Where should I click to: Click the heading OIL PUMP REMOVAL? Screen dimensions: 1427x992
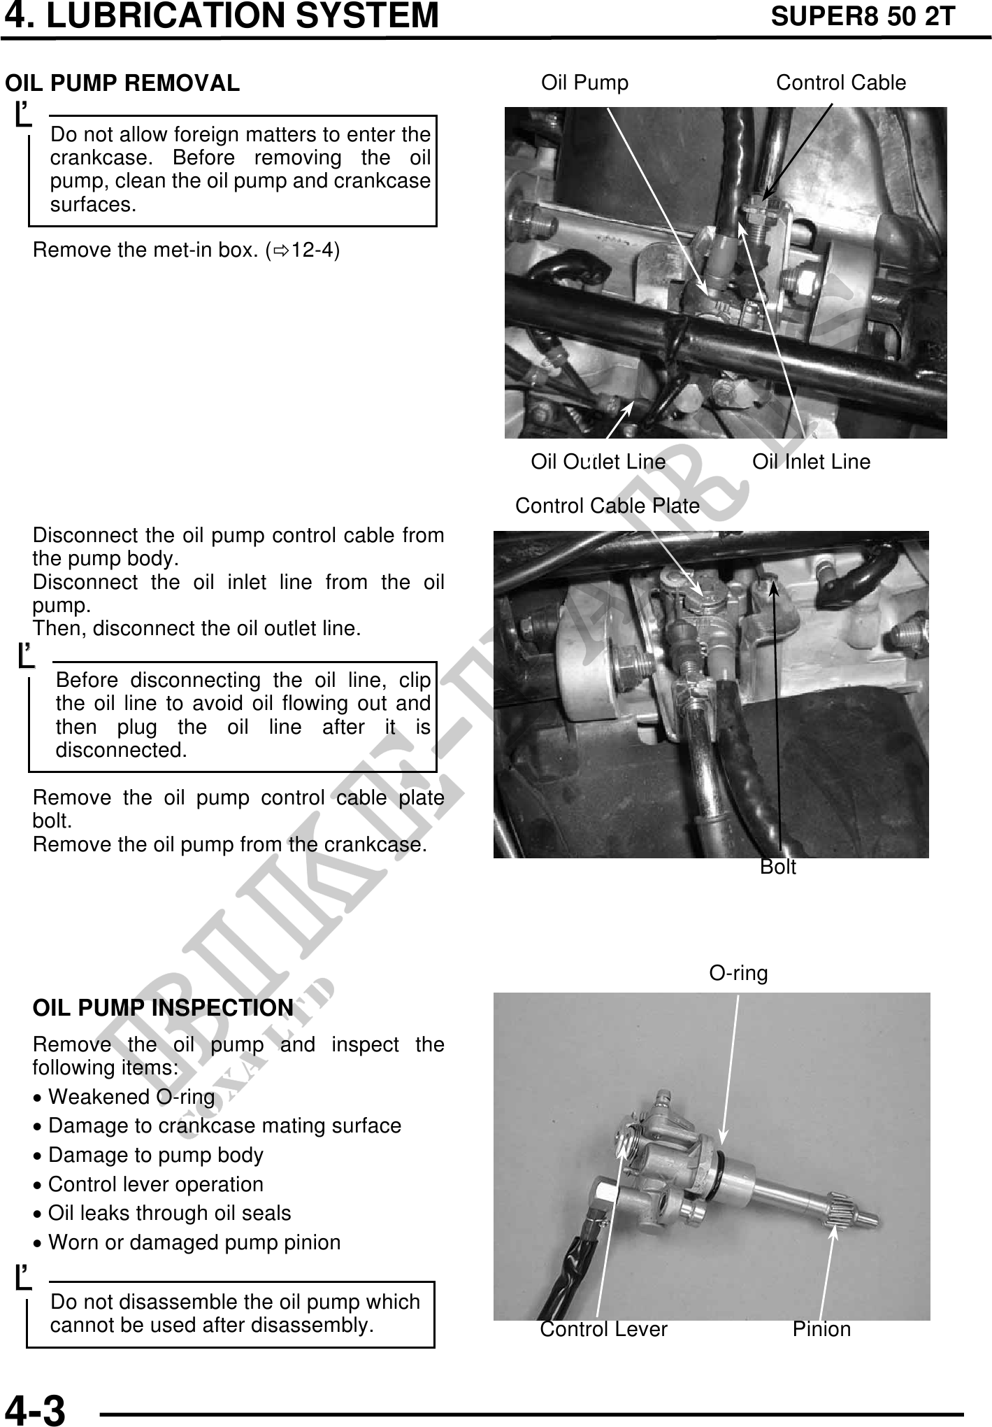122,83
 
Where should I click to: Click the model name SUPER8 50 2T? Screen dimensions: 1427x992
862,16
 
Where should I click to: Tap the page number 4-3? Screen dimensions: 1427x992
35,1409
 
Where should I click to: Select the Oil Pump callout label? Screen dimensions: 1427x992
584,83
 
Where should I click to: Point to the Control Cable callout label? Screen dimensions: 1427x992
840,83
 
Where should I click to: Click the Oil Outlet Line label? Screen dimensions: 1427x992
598,462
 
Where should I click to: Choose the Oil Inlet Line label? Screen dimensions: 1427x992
811,462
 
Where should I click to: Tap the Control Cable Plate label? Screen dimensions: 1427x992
607,506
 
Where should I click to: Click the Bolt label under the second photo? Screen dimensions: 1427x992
777,867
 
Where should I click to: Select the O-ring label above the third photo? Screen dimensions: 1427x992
738,973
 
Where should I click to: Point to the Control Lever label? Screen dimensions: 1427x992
603,1329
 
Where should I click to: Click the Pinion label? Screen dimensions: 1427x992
821,1329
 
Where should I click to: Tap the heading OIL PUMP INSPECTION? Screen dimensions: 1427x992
163,1008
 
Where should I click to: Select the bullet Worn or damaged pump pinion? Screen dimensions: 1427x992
194,1242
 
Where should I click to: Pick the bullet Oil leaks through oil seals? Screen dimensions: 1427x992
169,1213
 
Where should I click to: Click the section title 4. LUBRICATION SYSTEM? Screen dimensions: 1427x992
222,16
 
